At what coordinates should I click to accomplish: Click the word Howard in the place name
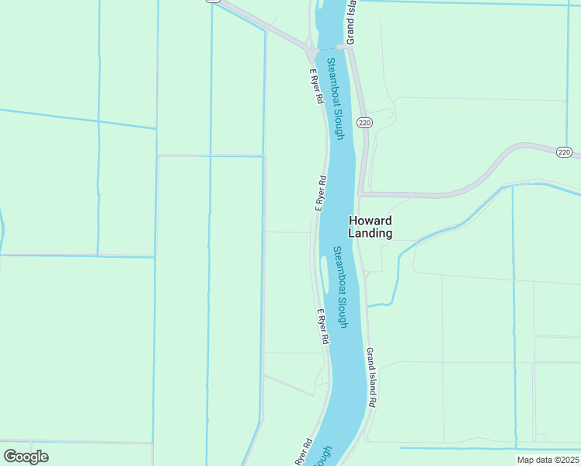click(370, 220)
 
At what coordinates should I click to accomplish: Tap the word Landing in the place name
click(370, 233)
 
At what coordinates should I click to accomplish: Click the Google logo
click(26, 457)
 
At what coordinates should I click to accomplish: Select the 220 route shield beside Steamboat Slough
click(364, 123)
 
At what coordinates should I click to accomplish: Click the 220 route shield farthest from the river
click(564, 152)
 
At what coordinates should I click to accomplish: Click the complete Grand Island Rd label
click(372, 377)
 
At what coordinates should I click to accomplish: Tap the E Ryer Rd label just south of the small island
click(324, 327)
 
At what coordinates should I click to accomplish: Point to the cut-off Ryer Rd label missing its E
click(304, 454)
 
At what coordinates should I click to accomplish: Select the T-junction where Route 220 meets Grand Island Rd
click(360, 194)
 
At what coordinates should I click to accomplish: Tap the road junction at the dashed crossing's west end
click(311, 52)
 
